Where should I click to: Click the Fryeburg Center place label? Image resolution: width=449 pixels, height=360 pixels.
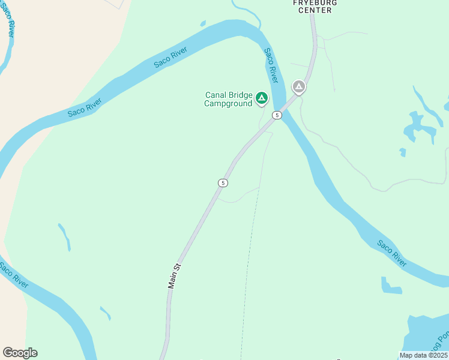[x=315, y=6]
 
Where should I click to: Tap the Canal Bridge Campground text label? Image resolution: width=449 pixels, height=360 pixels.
[x=228, y=99]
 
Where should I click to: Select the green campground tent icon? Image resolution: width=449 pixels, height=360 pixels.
[x=262, y=97]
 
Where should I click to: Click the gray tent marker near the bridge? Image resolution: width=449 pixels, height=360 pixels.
[x=298, y=87]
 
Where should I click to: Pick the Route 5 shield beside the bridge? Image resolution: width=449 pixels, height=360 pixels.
[x=276, y=115]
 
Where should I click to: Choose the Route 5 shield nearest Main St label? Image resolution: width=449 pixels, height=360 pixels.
[x=223, y=182]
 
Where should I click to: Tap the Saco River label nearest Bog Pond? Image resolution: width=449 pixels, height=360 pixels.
[x=392, y=253]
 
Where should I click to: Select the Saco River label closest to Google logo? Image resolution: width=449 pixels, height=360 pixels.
[x=13, y=274]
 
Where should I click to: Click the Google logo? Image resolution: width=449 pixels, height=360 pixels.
[x=20, y=352]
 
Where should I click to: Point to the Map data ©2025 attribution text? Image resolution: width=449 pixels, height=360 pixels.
[x=423, y=355]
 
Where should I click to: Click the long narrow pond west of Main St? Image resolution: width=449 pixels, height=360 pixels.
[x=64, y=236]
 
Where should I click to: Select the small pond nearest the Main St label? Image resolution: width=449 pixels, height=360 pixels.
[x=106, y=313]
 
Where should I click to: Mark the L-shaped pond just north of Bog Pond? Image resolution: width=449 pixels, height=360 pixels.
[x=390, y=287]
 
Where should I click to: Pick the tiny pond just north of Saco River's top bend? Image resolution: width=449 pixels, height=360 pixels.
[x=203, y=23]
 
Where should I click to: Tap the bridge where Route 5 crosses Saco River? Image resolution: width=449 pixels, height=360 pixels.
[x=287, y=103]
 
